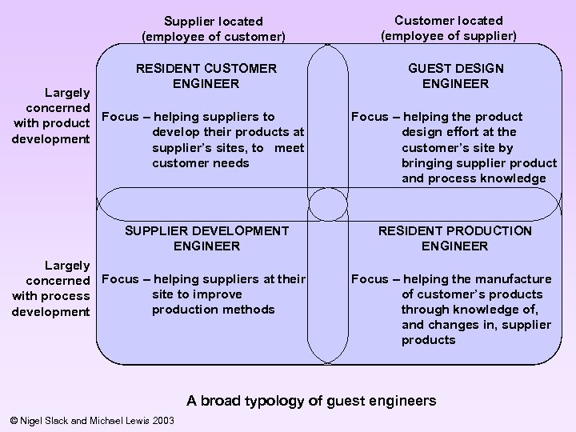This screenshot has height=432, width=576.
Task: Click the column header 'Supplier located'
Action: pos(213,21)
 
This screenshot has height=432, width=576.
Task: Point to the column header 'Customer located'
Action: pos(448,20)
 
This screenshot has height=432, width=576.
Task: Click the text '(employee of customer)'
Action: pos(213,36)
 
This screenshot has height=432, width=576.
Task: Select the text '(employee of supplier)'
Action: pos(448,35)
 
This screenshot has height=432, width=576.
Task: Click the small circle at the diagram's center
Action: pos(326,203)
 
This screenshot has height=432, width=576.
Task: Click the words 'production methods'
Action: pos(202,310)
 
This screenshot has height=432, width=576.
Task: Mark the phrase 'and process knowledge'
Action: pos(479,178)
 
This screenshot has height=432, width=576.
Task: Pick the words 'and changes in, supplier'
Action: pos(476,325)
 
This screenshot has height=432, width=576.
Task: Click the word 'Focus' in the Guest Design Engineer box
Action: pos(370,117)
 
